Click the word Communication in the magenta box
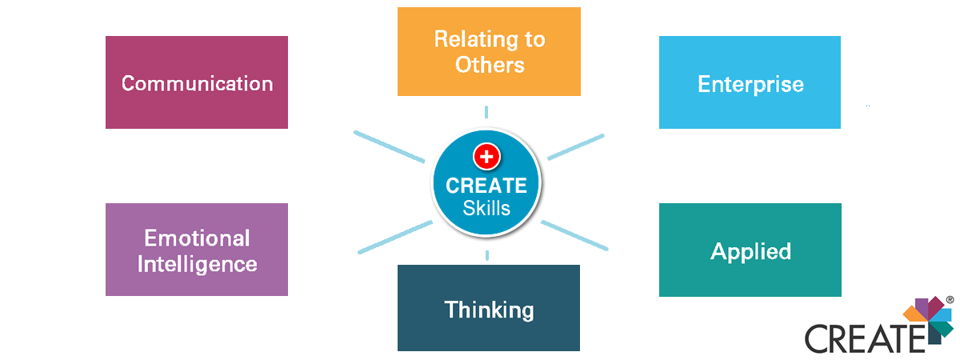pos(197,83)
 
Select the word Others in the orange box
pos(490,65)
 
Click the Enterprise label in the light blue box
pos(750,85)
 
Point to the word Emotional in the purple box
pos(197,238)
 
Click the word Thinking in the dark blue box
pos(489,310)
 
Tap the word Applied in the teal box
pos(750,252)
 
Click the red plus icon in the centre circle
pos(486,157)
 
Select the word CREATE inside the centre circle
pos(486,186)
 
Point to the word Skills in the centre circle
pos(486,208)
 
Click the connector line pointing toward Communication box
pos(389,146)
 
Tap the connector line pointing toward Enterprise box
pos(576,147)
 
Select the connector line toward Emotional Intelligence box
pos(395,237)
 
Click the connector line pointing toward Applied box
pos(574,235)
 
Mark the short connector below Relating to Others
pos(486,112)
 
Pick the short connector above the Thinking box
pos(487,255)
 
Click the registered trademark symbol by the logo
pos(950,299)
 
